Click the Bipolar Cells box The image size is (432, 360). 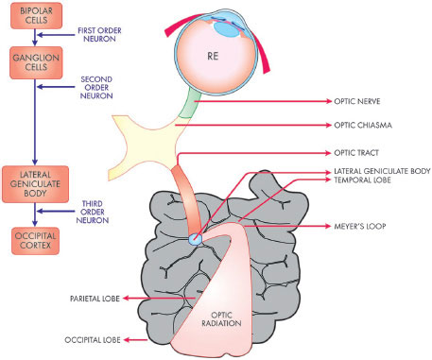[x=36, y=16]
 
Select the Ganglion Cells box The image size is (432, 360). [x=36, y=62]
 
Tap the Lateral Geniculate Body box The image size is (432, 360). [x=35, y=184]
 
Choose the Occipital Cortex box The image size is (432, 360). [x=35, y=241]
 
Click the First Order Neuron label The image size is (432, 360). [x=99, y=35]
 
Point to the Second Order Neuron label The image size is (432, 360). [x=96, y=88]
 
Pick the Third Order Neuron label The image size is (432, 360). [x=93, y=212]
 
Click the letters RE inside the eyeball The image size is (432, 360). [x=213, y=56]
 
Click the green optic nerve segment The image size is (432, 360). [x=190, y=104]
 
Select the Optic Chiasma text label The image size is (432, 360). [x=363, y=126]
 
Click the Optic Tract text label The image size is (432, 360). [x=356, y=153]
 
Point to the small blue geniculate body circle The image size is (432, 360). [x=195, y=239]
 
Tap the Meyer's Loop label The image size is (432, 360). [x=360, y=226]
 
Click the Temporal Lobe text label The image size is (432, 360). [x=362, y=180]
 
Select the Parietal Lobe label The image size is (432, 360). [x=95, y=299]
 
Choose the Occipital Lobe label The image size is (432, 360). [x=93, y=340]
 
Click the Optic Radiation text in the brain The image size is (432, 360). [x=221, y=319]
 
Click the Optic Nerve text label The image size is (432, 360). [x=357, y=101]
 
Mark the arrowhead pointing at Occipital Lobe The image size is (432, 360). [x=127, y=340]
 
